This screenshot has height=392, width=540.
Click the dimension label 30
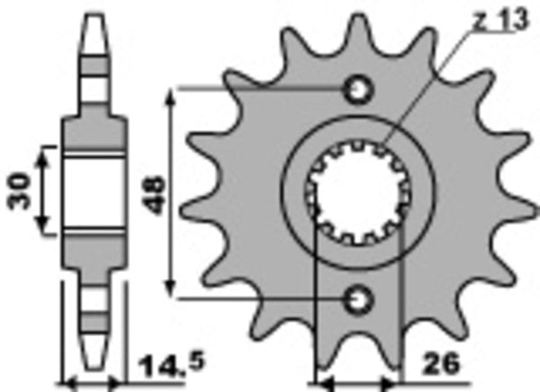tap(20, 192)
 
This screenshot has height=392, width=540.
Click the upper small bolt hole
tap(358, 89)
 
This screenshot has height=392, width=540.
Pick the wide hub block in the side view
tap(93, 190)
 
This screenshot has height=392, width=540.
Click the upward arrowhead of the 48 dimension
tap(170, 94)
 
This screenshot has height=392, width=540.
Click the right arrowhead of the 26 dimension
tap(394, 382)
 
